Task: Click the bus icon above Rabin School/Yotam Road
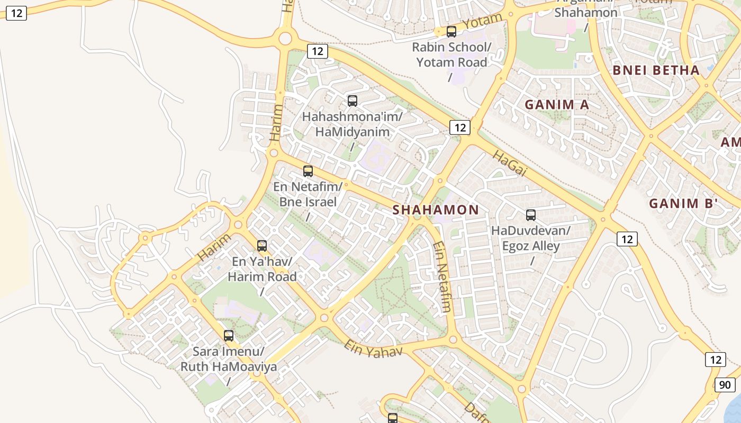point(451,32)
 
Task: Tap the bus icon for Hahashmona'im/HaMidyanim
point(353,100)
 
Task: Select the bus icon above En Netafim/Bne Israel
point(308,171)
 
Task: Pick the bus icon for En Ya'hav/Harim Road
point(262,245)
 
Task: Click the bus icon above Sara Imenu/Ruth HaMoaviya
point(229,335)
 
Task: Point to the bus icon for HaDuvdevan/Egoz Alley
point(531,215)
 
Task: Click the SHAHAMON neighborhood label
point(436,210)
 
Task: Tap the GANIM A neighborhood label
point(557,105)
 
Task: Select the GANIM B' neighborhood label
point(683,204)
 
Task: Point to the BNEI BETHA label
point(656,70)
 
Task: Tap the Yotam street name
point(482,22)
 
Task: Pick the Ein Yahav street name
point(373,348)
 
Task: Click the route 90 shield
point(725,385)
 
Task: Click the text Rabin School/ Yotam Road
point(451,55)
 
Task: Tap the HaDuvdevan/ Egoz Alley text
point(531,238)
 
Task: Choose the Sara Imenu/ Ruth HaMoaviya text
point(229,359)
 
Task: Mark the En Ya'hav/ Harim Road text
point(262,269)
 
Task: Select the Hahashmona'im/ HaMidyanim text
point(353,124)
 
